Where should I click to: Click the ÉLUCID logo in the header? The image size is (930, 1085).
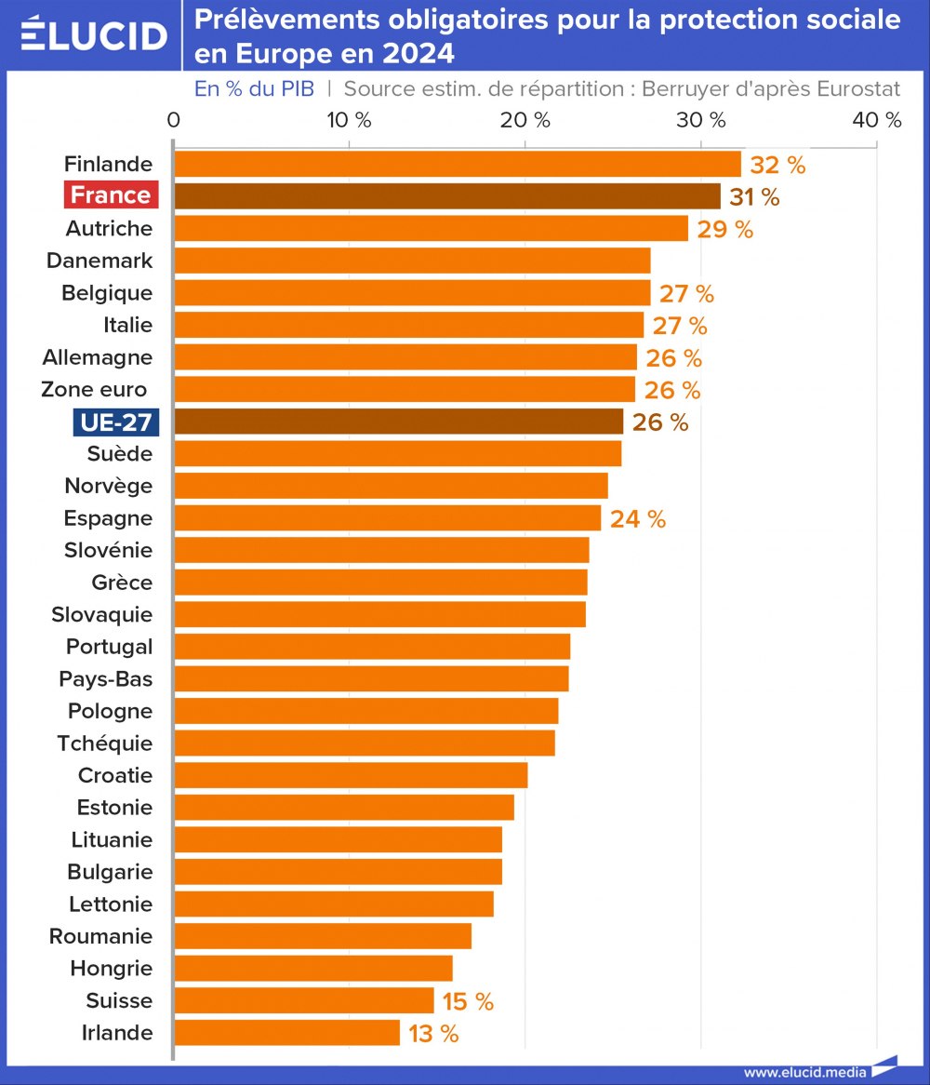coord(93,35)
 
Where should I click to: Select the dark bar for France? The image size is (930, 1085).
coord(446,196)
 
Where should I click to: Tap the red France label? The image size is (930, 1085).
coord(111,195)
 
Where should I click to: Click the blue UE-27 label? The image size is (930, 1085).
coord(116,422)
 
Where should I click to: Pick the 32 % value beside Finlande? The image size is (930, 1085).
coord(777,166)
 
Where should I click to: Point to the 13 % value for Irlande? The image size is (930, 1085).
coord(433,1034)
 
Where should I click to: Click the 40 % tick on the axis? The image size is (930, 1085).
coord(878,120)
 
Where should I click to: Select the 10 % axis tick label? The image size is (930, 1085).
coord(349,120)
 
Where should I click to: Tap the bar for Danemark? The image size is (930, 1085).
coord(412,261)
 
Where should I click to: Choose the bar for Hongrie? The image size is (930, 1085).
coord(313,969)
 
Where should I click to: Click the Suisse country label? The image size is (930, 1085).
coord(119,1000)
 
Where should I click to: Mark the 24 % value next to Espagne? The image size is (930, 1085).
coord(638,519)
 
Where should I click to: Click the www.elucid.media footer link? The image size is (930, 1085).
coord(804,1072)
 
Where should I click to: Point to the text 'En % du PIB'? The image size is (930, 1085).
coord(254,89)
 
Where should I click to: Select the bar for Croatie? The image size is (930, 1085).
coord(351,775)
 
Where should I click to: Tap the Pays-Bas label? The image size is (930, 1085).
coord(106,678)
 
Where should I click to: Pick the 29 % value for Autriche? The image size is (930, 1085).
coord(724,230)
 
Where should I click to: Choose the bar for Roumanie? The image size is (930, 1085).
coord(323,936)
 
